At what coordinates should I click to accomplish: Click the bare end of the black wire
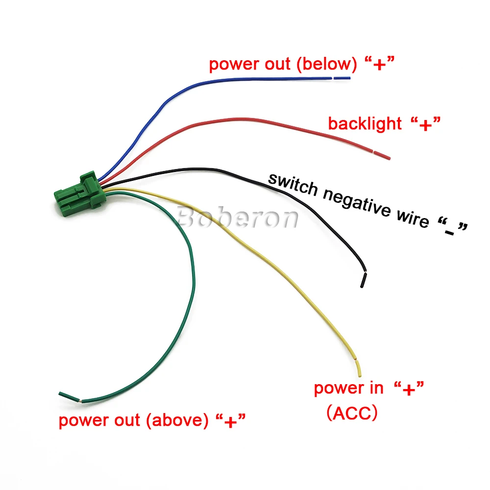[363, 280]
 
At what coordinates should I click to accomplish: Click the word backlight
[365, 123]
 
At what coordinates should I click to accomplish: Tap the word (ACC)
[352, 413]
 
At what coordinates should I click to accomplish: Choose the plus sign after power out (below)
[378, 65]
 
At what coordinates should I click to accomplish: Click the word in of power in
[376, 389]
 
